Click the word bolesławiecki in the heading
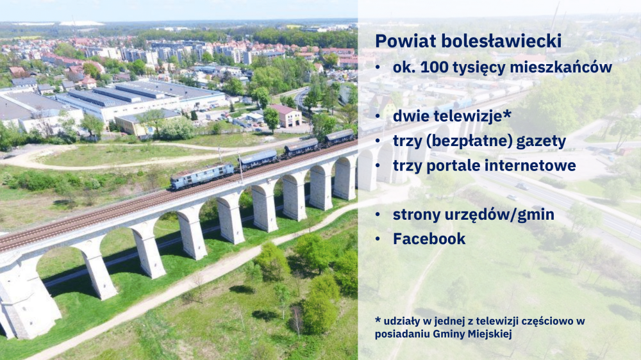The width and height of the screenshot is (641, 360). point(501,41)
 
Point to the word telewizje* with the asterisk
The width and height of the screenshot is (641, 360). point(472,116)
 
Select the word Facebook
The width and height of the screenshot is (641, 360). point(429,239)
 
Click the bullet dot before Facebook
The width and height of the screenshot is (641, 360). point(378,240)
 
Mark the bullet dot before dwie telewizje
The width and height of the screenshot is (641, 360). point(378,117)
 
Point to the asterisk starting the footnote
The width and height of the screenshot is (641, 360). point(378,320)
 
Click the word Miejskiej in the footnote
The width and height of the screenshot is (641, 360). point(490,334)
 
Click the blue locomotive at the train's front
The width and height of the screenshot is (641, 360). point(202,176)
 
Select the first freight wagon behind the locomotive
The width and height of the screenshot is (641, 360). point(258,160)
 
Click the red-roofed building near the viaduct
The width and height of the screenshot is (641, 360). point(286,116)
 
